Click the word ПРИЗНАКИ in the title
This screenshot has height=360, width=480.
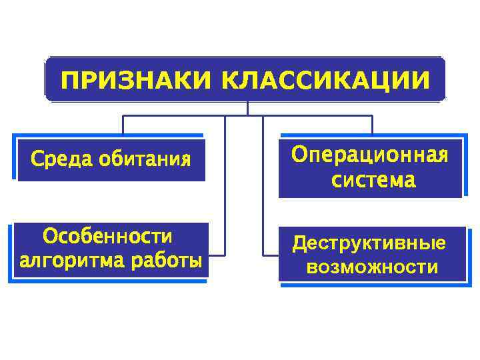(136, 80)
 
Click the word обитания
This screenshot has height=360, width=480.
(145, 160)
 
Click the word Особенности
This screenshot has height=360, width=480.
(107, 237)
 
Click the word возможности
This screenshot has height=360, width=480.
(372, 268)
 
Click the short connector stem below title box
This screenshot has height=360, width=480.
(247, 108)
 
